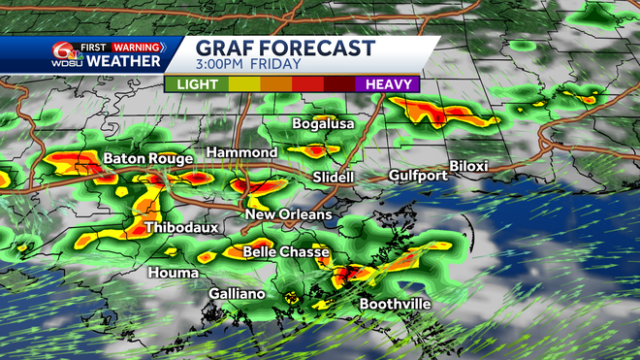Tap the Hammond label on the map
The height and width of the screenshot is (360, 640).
[x=240, y=153]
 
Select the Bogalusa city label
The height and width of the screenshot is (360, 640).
[x=324, y=124]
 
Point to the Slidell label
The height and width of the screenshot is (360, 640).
[x=334, y=178]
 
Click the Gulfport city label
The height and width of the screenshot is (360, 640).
[x=418, y=176]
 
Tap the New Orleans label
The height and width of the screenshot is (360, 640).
[x=288, y=214]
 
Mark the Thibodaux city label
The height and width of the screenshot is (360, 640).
[x=181, y=228]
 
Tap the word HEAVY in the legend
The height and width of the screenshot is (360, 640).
[x=389, y=84]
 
